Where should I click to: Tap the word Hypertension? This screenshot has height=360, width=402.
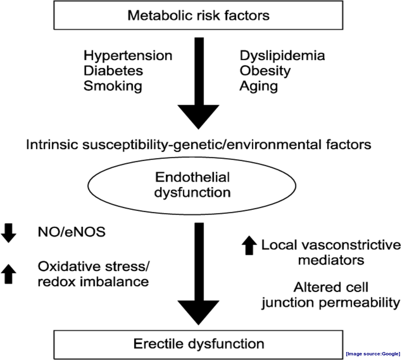[128, 56]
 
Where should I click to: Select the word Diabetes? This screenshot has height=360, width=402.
[113, 70]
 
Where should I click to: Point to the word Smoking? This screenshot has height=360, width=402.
[113, 86]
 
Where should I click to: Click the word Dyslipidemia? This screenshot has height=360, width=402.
[282, 56]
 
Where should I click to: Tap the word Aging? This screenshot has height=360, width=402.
[259, 86]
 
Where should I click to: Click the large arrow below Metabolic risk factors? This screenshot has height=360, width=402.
[198, 83]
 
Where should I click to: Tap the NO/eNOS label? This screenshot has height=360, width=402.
[72, 232]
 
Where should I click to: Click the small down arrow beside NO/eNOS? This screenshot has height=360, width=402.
[8, 233]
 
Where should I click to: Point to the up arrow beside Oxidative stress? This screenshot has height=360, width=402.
[8, 274]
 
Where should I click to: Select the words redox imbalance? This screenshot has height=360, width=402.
[93, 282]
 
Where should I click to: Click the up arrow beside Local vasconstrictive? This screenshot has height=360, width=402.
[249, 245]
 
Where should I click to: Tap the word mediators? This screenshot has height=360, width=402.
[331, 260]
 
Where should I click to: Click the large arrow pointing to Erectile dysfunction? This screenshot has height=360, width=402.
[198, 274]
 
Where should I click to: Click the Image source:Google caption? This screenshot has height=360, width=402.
[373, 354]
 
